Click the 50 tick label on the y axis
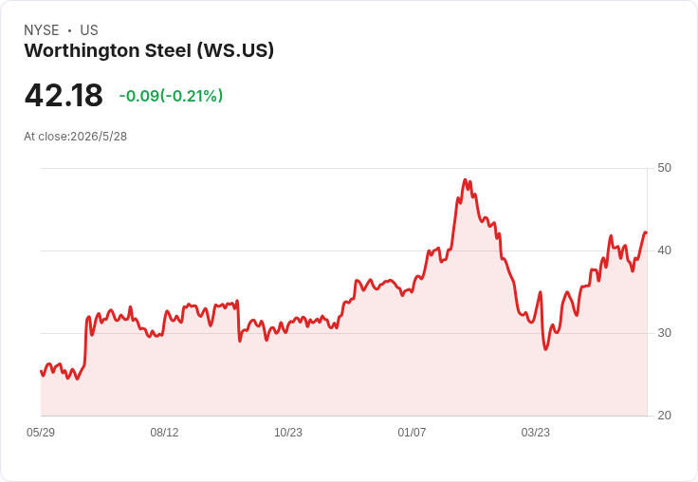click(x=664, y=168)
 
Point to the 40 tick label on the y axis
click(x=664, y=250)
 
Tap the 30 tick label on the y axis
click(x=664, y=333)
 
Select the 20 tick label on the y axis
click(x=664, y=416)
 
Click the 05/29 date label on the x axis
click(x=41, y=433)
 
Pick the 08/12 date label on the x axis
click(x=164, y=433)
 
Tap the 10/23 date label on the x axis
click(x=288, y=433)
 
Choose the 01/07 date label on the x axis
click(x=412, y=433)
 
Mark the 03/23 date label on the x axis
click(x=536, y=433)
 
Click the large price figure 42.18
click(x=64, y=96)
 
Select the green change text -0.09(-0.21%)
click(x=171, y=96)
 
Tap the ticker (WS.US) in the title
click(x=235, y=51)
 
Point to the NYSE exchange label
click(x=42, y=30)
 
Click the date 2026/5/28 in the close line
click(x=99, y=137)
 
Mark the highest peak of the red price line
click(x=466, y=180)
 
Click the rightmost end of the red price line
click(x=646, y=232)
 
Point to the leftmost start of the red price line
click(x=42, y=371)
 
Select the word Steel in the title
click(x=169, y=51)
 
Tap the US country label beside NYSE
click(x=89, y=30)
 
